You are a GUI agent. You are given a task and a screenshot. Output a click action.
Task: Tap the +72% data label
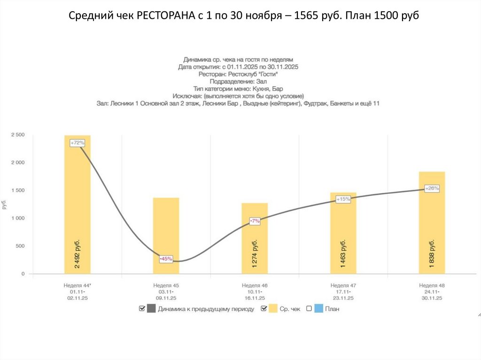(x=77, y=142)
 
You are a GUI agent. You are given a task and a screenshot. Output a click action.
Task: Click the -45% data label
(x=166, y=258)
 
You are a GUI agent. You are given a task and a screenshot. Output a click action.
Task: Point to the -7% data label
(x=255, y=221)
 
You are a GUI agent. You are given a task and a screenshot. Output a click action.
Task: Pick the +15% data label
(x=343, y=199)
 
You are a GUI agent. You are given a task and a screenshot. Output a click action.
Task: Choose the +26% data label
(x=432, y=188)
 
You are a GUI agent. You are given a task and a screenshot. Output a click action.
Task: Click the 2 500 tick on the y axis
(x=17, y=135)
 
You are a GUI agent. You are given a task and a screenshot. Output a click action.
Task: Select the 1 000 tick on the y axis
(x=17, y=218)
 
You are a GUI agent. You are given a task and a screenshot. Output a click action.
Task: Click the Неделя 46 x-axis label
(x=254, y=285)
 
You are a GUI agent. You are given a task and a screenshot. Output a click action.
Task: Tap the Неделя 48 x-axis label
(x=432, y=285)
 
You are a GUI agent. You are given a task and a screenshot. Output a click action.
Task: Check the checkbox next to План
(x=309, y=308)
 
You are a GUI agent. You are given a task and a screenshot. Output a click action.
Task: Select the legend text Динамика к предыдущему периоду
(x=206, y=309)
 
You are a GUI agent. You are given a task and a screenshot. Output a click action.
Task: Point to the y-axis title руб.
(x=4, y=205)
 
